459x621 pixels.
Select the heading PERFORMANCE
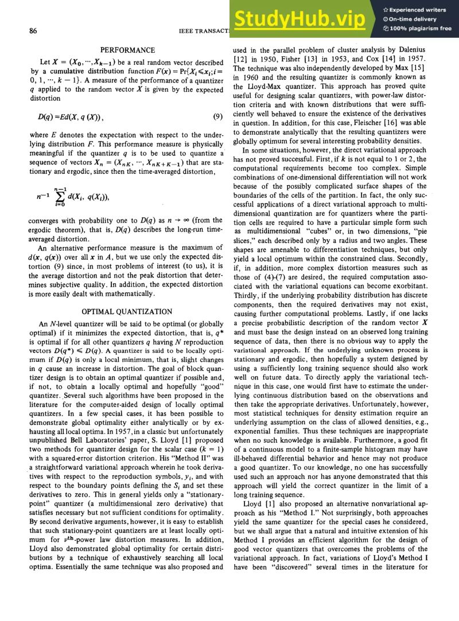127,50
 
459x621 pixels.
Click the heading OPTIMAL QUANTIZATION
127,311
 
